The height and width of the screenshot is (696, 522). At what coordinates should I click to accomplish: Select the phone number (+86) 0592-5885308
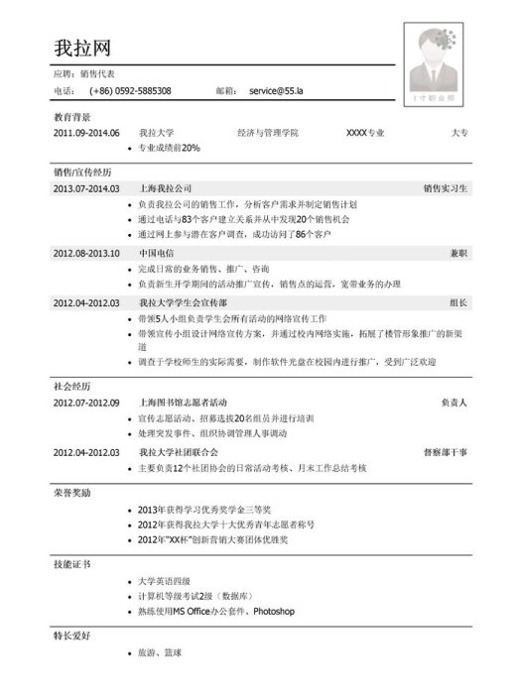tap(130, 91)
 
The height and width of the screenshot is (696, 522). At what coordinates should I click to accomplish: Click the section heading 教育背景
tap(71, 117)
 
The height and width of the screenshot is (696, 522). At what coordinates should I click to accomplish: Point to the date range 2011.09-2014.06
tap(86, 133)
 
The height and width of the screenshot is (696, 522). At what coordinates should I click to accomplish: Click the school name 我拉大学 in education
tap(157, 133)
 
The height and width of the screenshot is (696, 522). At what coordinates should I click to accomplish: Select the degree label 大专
tap(459, 133)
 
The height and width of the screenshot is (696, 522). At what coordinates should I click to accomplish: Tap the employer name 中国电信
tap(157, 254)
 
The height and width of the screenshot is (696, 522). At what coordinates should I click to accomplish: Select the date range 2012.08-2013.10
tap(86, 254)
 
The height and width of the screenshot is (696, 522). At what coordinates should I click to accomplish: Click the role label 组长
tap(458, 303)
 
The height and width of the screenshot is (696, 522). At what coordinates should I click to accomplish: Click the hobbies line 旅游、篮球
tap(161, 653)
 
